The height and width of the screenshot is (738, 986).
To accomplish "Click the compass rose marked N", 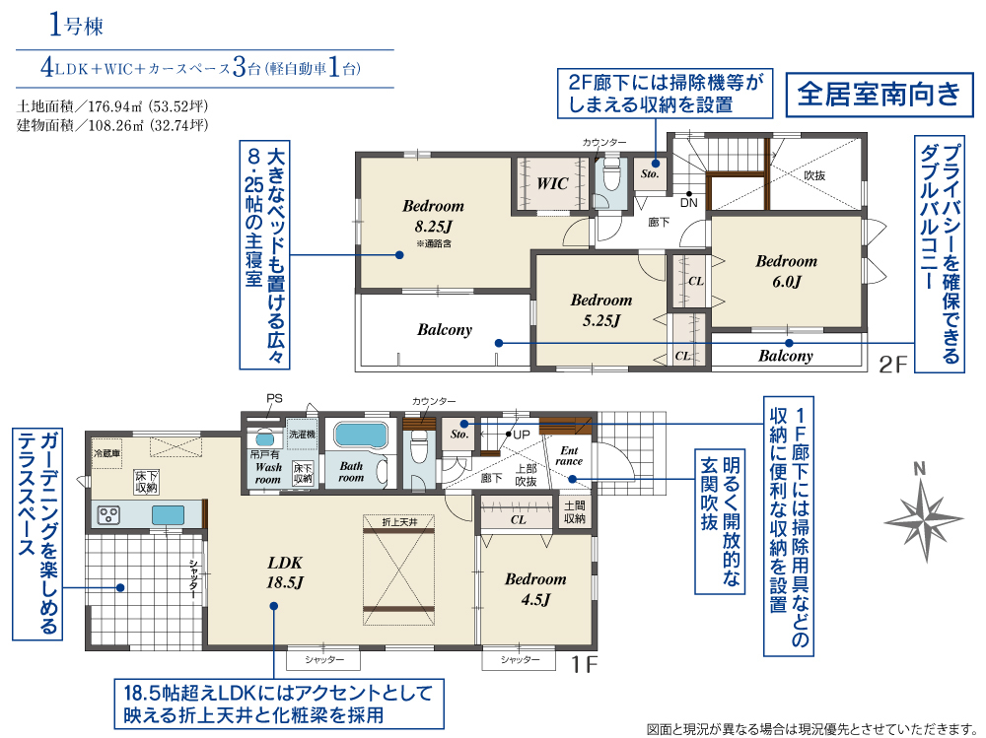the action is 923,519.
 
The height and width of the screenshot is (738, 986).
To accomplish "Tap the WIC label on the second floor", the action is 552,183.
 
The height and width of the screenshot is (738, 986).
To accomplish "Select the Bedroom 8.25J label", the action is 433,216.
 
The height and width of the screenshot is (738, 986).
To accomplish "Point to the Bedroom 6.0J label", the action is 786,271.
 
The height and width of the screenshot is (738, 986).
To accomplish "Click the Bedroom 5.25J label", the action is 601,310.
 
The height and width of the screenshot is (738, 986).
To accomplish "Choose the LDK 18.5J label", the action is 285,572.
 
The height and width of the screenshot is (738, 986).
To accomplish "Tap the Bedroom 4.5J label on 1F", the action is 535,589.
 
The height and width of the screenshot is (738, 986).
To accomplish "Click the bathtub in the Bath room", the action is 360,435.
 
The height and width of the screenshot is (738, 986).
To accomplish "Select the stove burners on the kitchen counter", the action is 108,515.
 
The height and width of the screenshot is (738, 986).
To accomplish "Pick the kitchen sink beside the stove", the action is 168,515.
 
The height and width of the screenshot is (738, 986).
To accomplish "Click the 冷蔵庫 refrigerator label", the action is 106,453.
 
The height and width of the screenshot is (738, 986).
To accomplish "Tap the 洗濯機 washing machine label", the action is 302,434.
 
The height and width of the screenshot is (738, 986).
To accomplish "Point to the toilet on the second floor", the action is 611,175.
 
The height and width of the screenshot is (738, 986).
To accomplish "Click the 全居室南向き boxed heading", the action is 880,95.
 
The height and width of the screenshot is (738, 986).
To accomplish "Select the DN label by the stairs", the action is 688,203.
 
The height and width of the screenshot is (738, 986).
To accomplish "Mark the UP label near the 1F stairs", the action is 522,435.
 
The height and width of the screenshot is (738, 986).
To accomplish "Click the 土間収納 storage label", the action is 575,512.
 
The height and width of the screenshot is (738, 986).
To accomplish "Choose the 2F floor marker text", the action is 893,365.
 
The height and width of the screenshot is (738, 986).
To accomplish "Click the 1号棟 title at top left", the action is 76,27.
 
